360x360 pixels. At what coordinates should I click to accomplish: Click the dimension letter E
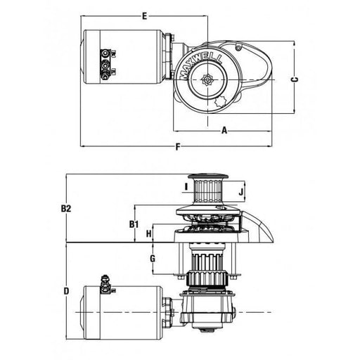coord(143,15)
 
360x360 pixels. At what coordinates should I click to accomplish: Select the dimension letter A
coord(224,129)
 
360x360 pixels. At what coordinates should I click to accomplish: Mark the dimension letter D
coord(65,290)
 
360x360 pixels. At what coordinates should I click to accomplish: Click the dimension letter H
coord(149,233)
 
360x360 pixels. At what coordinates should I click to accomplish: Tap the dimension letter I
coord(185,186)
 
